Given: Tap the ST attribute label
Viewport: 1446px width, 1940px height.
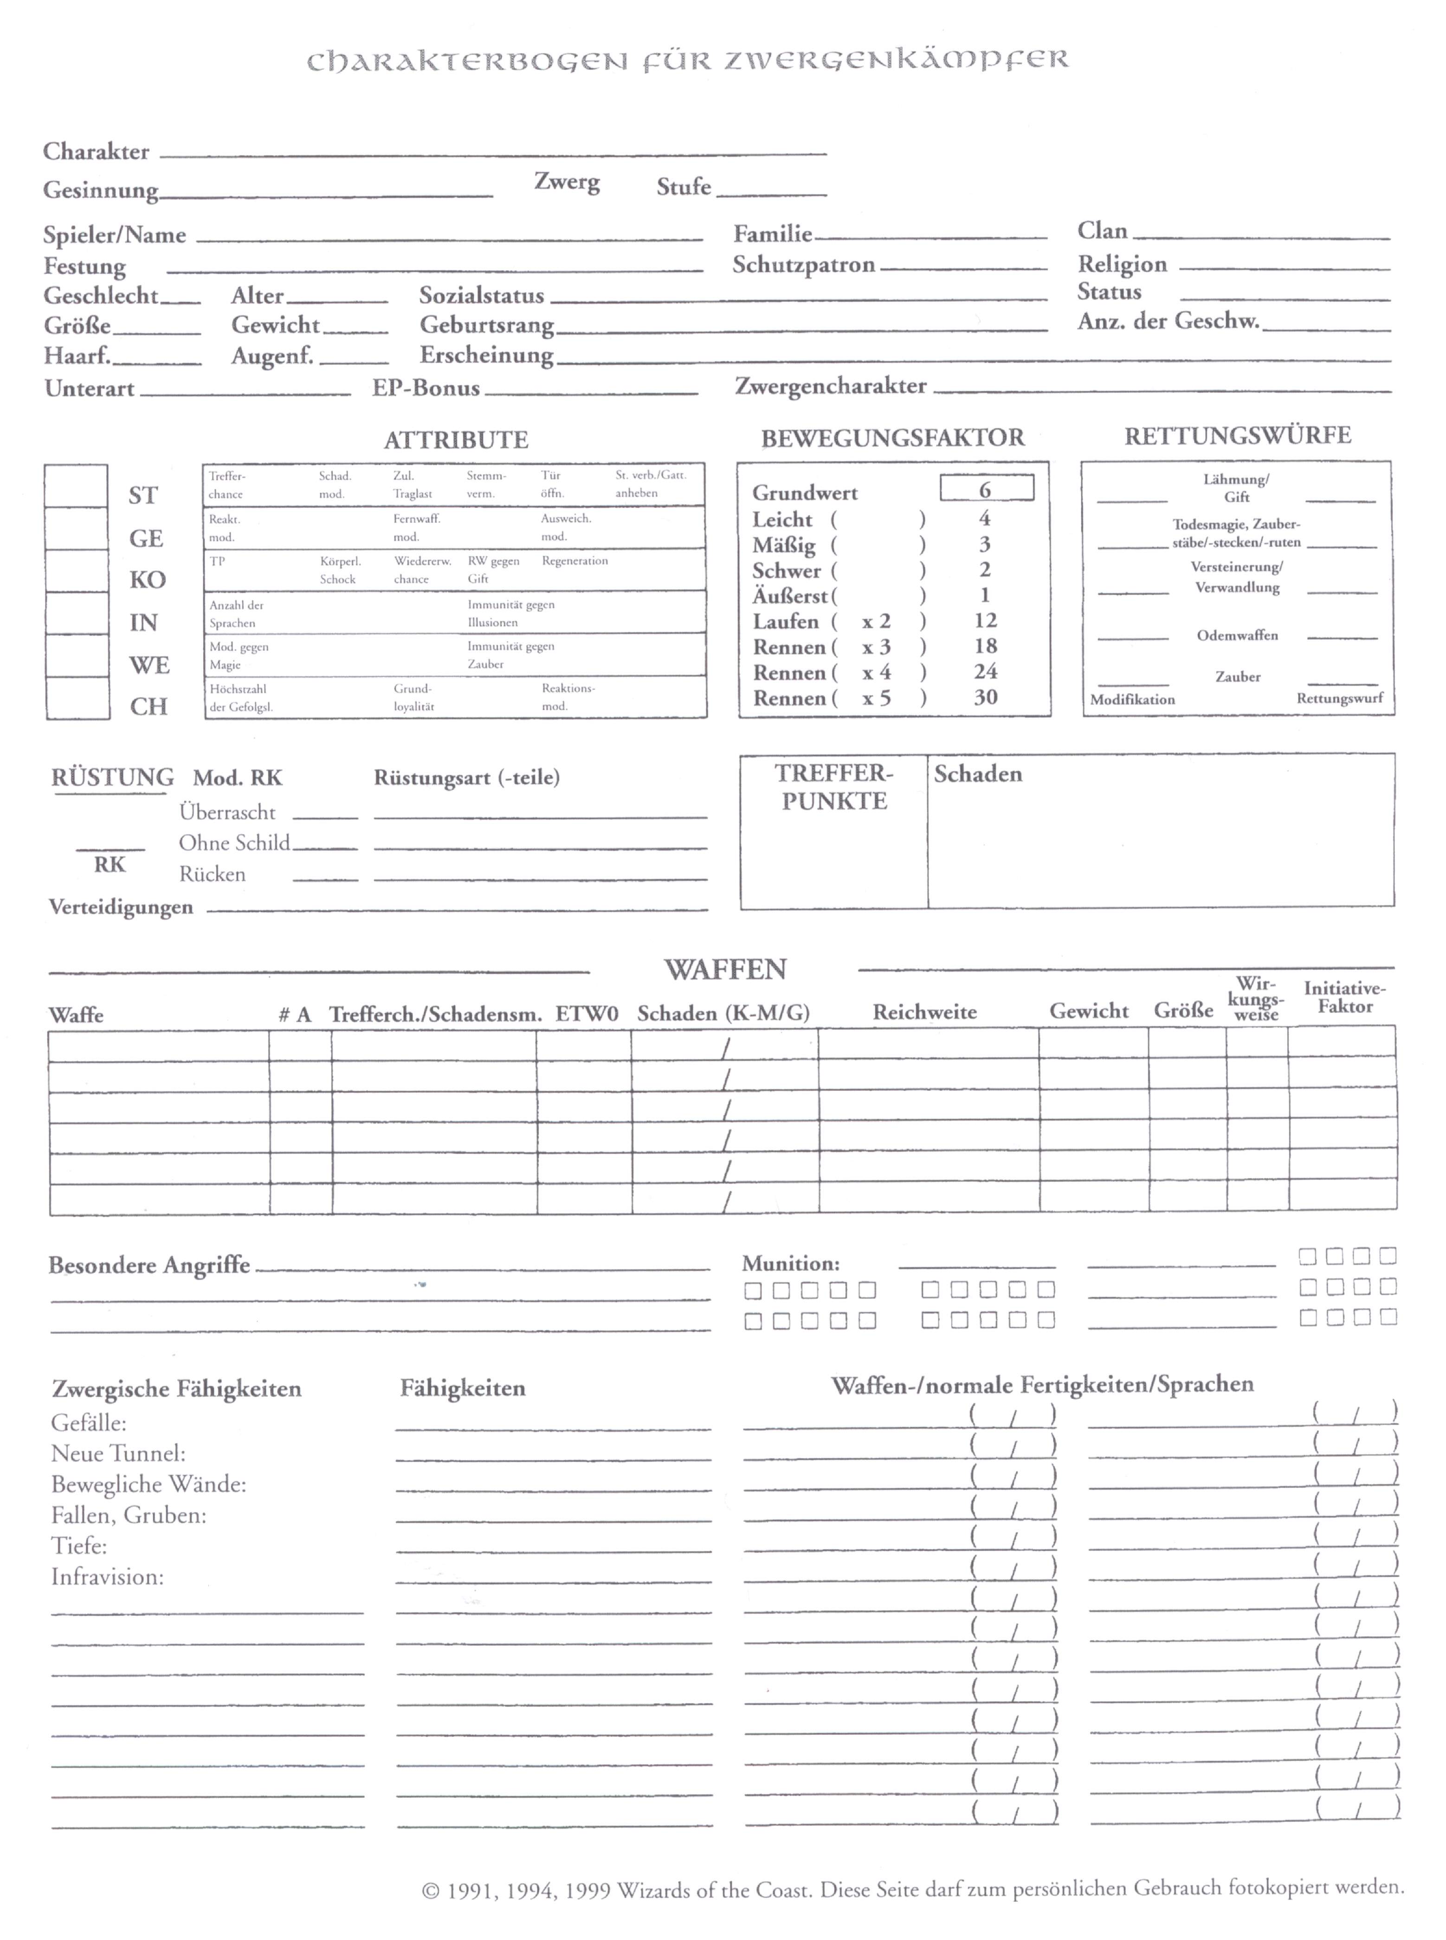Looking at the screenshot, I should (142, 495).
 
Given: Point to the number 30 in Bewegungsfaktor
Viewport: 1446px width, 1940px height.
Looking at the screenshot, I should (986, 697).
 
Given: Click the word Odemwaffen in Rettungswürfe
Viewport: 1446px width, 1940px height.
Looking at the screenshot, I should (1237, 635).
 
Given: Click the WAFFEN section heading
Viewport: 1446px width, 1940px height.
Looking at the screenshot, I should (725, 970).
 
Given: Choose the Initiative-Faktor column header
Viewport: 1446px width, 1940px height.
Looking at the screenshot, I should (1344, 997).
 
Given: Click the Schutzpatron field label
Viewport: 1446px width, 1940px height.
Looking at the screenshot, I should (804, 265).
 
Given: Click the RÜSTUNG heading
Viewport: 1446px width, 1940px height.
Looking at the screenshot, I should (112, 778).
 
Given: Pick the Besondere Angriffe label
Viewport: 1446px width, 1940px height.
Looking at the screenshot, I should (149, 1265).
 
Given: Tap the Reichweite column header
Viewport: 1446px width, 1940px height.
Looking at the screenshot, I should (924, 1012).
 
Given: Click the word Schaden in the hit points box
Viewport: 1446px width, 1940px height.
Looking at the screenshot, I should (978, 774).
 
